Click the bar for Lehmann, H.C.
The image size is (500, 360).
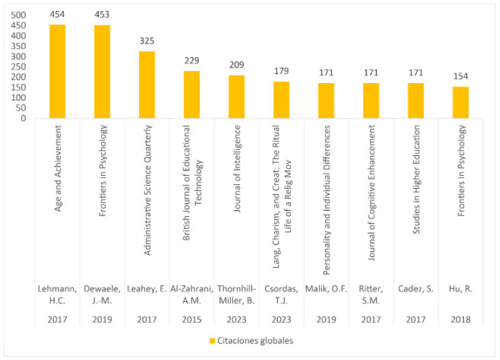[57, 72]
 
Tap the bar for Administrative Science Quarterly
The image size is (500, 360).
[147, 85]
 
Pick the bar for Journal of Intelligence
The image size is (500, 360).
[236, 97]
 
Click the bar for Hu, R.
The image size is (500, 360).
[460, 102]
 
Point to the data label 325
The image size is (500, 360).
[147, 42]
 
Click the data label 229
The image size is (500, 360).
[191, 61]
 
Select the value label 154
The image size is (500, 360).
[460, 76]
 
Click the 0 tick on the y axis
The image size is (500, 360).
[23, 119]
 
